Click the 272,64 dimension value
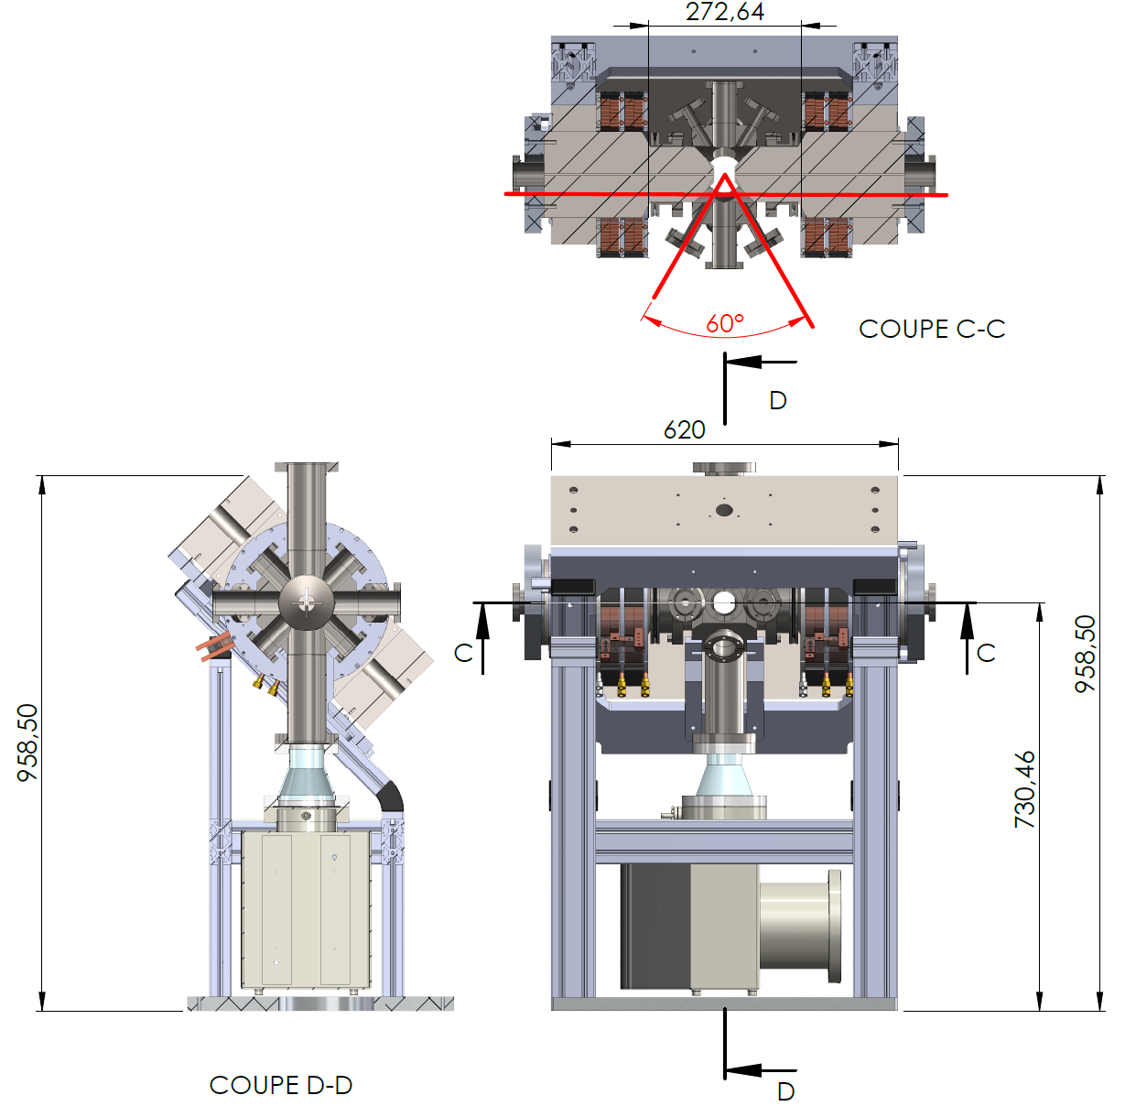[x=724, y=12]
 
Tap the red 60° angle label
[x=724, y=323]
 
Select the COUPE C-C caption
[x=932, y=329]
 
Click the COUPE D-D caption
[x=281, y=1085]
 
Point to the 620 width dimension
[x=684, y=430]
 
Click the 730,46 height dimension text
[x=1024, y=789]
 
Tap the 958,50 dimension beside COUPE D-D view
[x=27, y=743]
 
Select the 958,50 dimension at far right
[x=1086, y=654]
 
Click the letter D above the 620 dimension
[x=778, y=401]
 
